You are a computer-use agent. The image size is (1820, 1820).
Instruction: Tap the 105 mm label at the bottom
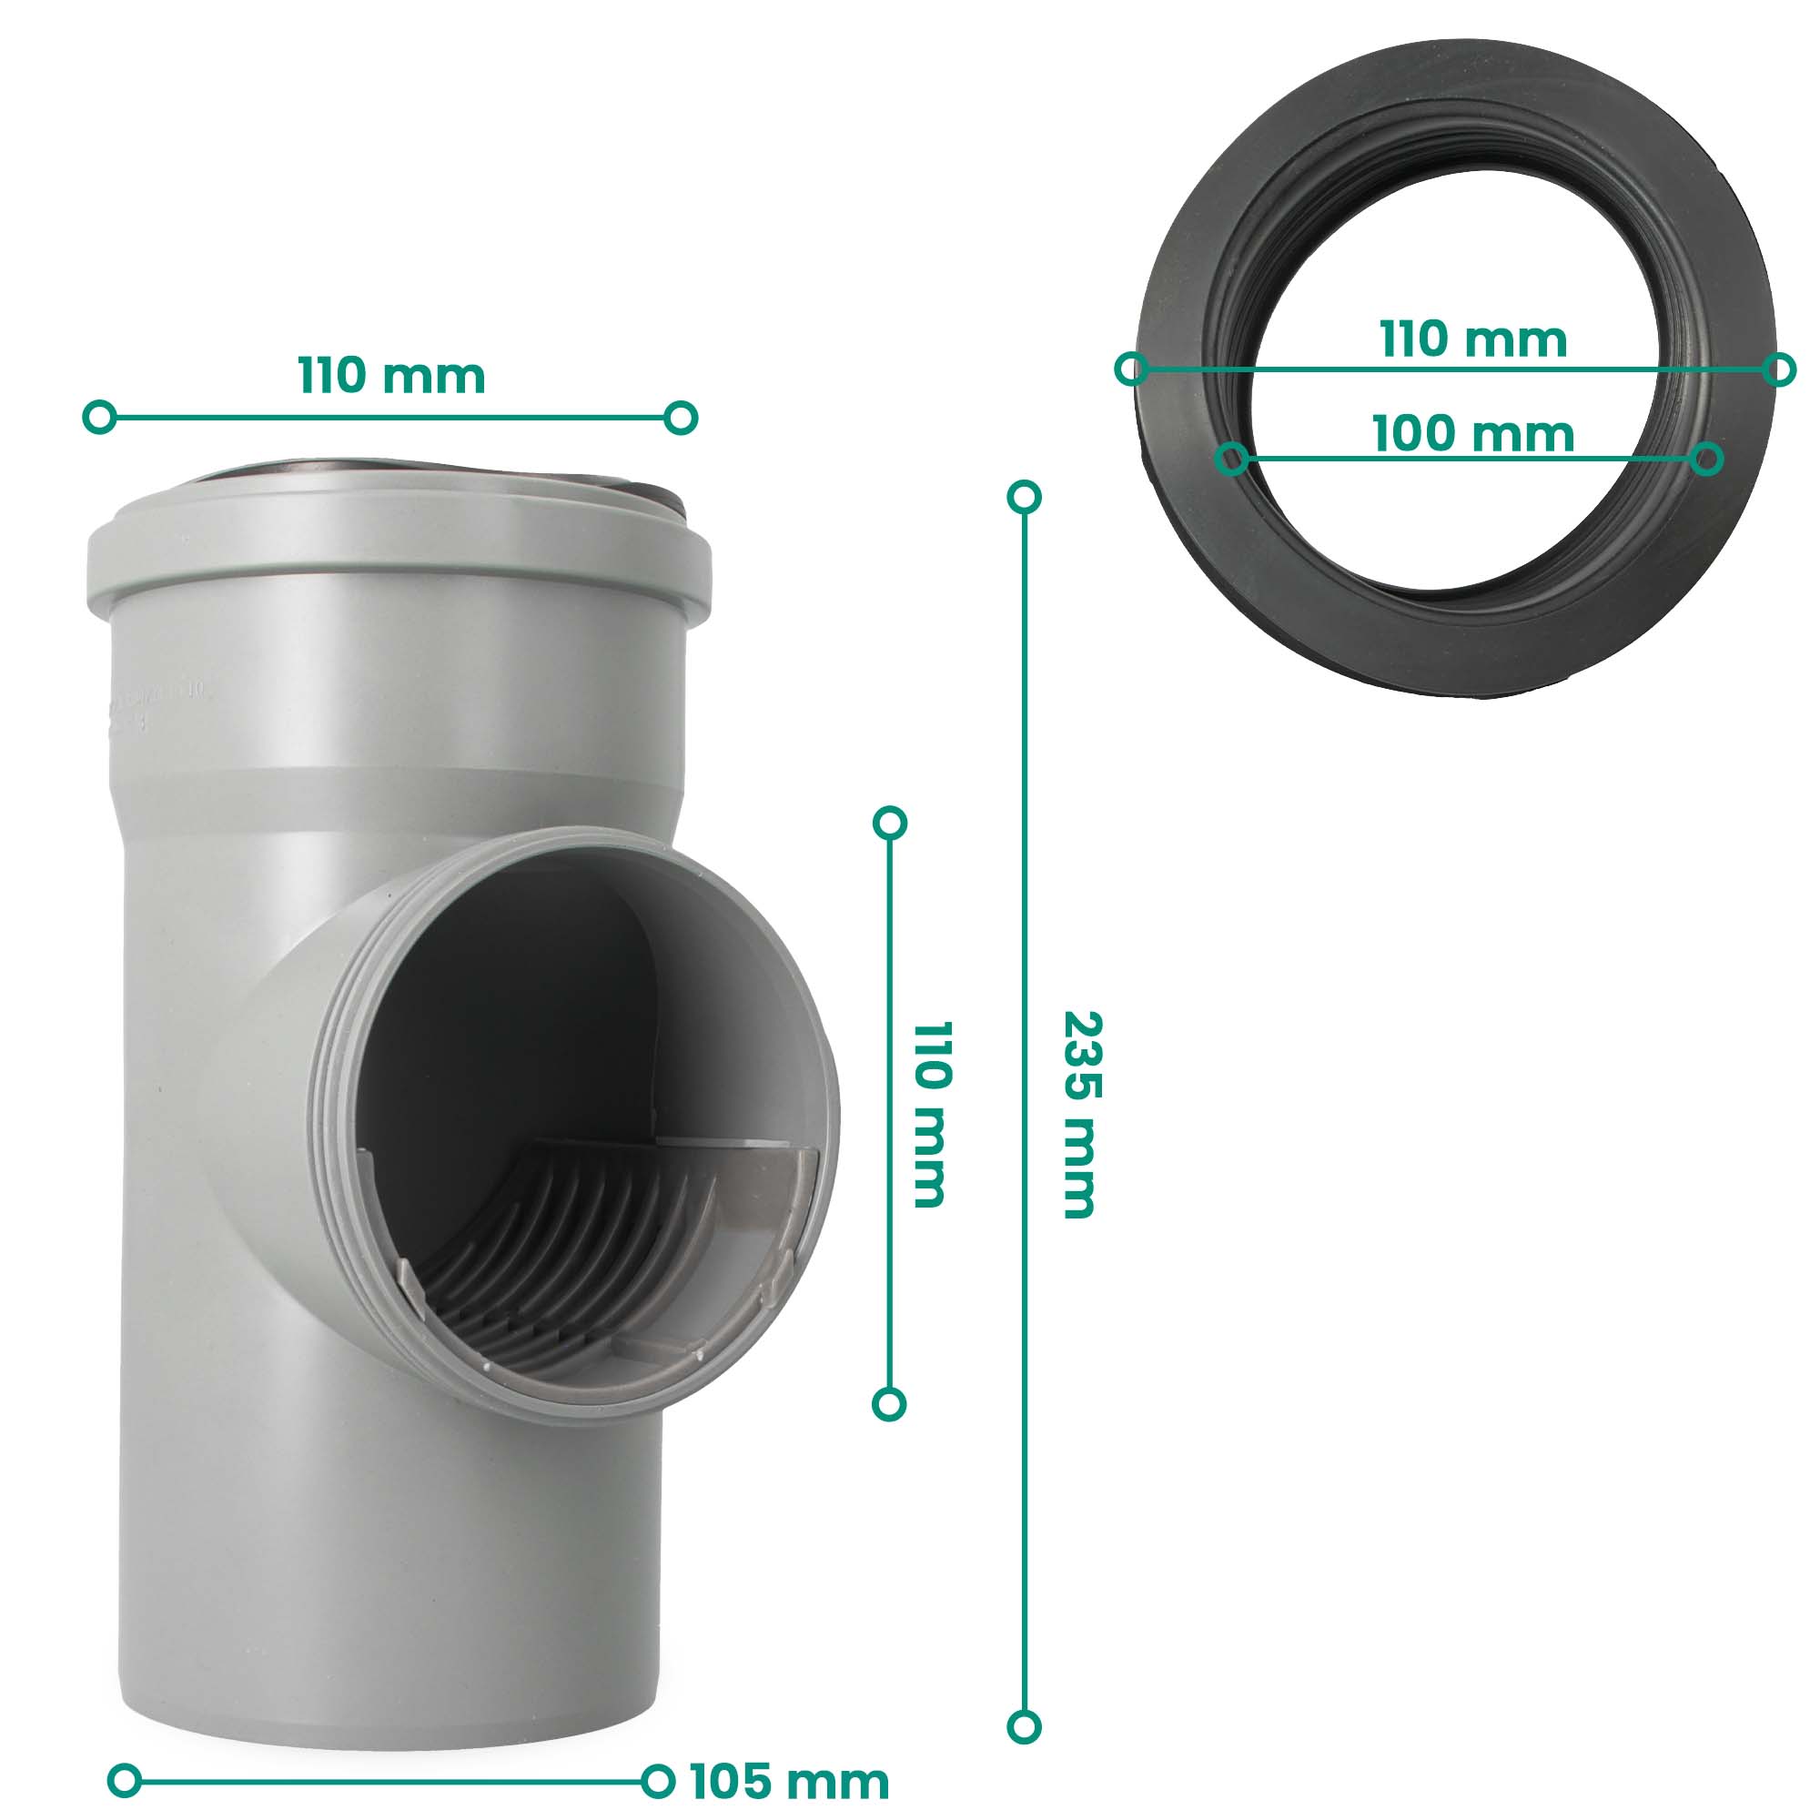789,1782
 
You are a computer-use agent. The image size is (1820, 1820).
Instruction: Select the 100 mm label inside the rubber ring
1473,434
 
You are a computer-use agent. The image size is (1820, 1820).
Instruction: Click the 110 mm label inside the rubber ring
1473,339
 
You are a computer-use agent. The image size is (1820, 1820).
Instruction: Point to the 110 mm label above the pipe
392,376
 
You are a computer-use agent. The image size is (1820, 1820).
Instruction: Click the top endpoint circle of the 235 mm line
1024,497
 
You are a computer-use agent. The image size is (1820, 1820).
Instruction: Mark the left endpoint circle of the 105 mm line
125,1781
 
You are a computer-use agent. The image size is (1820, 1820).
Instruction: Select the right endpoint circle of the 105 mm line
658,1781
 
